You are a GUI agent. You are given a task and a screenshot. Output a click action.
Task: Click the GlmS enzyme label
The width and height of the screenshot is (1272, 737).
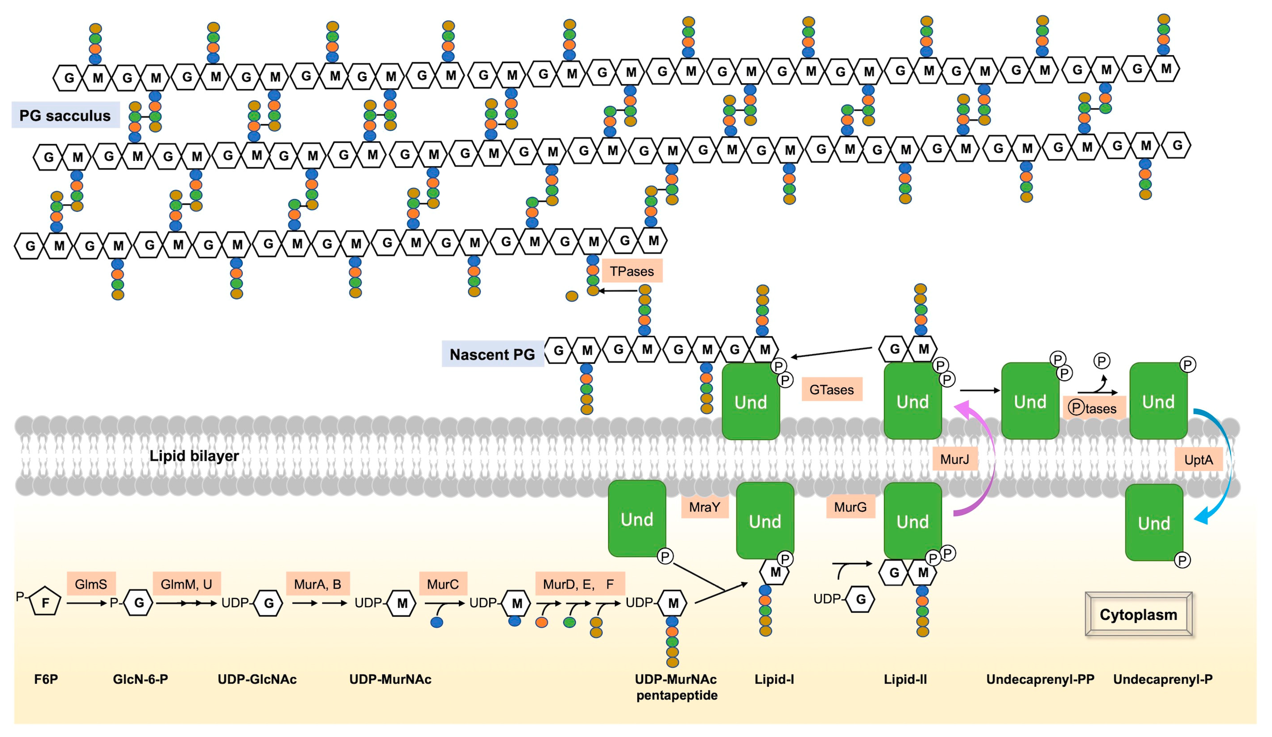point(91,584)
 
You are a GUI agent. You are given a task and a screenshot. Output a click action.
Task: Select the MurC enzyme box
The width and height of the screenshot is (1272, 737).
point(443,584)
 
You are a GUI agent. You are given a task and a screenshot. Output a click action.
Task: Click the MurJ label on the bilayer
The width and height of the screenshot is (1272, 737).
point(954,459)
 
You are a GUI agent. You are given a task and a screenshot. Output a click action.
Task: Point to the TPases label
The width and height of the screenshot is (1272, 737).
point(631,271)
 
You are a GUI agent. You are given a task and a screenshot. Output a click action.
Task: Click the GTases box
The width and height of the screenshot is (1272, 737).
point(831,389)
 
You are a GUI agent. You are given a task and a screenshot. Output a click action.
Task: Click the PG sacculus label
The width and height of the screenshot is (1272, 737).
point(65,115)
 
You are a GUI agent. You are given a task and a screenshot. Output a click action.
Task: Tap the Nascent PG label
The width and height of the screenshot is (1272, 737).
point(492,354)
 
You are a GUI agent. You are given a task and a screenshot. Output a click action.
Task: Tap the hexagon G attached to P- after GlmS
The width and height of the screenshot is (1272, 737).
point(139,602)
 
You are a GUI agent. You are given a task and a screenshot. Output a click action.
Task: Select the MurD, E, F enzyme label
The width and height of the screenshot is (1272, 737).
point(579,584)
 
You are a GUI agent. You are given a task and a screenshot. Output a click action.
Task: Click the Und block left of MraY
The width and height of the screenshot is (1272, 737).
point(637,519)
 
